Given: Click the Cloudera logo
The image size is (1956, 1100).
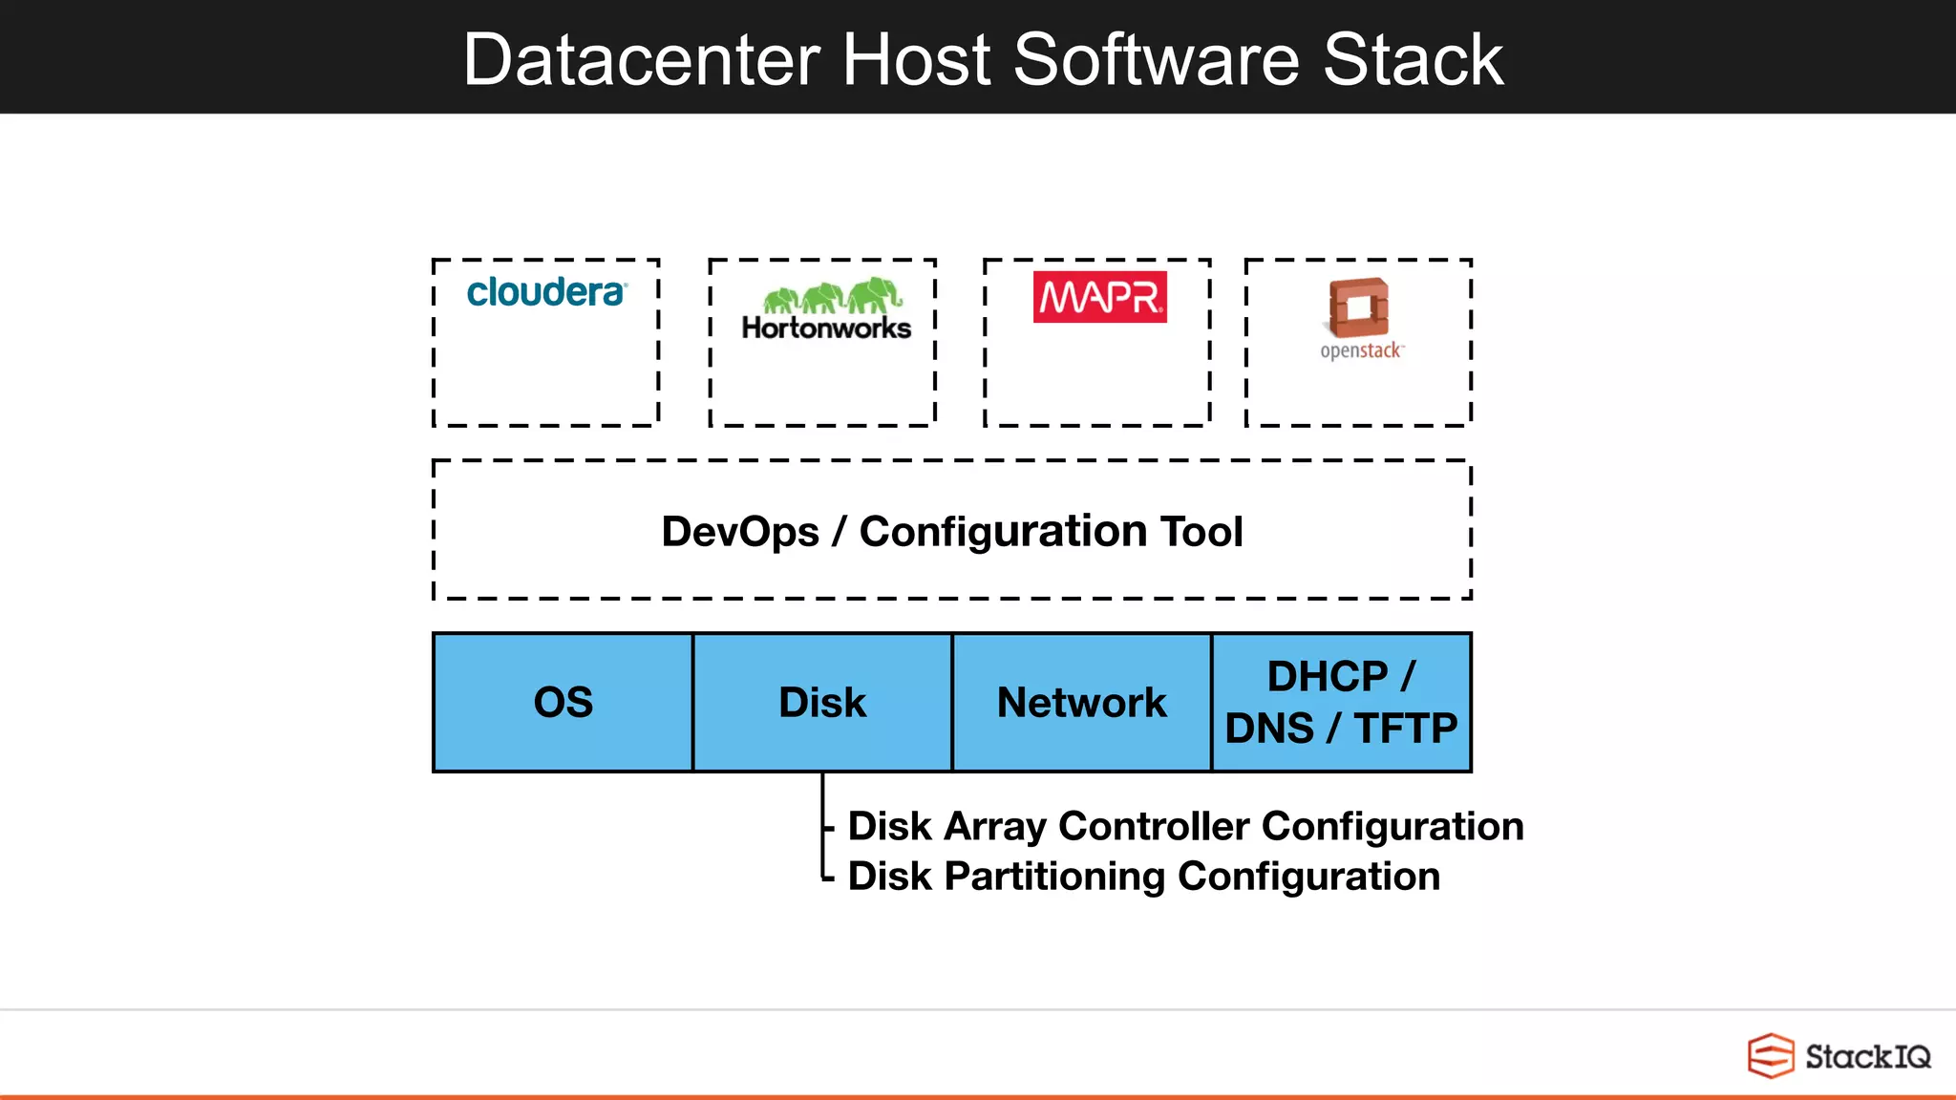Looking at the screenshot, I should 546,292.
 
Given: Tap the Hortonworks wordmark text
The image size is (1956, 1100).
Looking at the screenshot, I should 826,328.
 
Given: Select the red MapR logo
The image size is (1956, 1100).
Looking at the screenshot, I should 1099,297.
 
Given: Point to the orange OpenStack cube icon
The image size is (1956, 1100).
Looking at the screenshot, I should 1358,307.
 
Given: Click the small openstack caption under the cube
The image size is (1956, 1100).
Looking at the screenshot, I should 1361,351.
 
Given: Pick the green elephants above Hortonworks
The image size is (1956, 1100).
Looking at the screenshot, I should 832,296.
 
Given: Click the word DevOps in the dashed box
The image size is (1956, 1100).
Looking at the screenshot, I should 740,532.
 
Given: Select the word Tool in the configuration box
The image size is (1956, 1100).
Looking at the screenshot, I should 1201,532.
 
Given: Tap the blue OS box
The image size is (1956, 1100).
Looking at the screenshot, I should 563,703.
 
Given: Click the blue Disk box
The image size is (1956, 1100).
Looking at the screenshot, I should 822,703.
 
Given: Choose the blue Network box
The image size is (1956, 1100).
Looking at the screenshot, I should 1081,703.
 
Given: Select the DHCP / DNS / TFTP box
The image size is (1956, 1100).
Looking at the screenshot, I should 1341,703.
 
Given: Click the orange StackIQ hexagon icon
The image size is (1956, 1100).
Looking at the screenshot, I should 1770,1056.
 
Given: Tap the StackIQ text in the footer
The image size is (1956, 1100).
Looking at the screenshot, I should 1867,1057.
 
